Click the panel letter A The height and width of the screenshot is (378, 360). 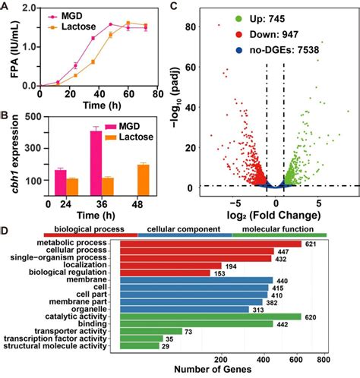pos(5,8)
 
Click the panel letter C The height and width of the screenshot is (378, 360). pos(175,8)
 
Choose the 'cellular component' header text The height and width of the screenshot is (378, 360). pos(185,228)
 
